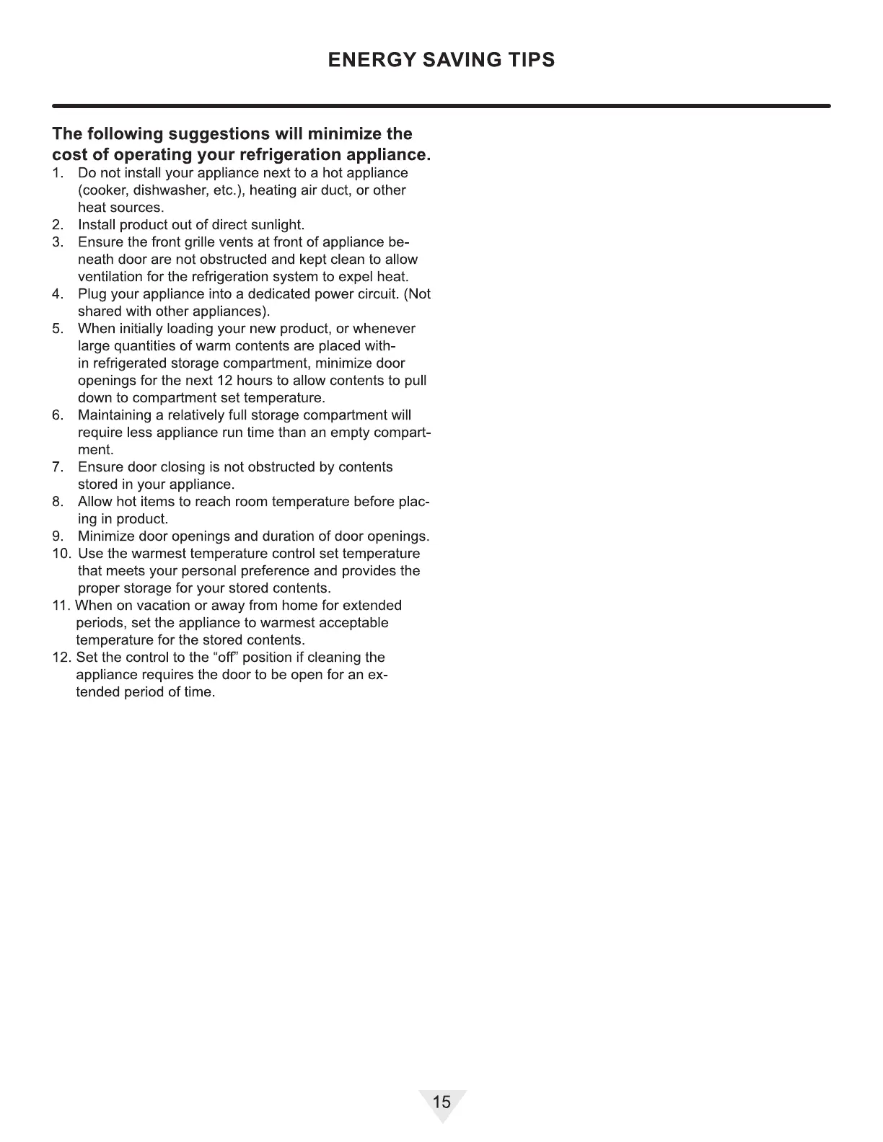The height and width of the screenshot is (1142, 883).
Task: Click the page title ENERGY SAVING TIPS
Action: (441, 60)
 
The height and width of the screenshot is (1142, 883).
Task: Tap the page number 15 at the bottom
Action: (441, 1102)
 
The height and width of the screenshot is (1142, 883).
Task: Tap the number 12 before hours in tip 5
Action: (225, 381)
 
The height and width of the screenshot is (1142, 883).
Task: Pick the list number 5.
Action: (57, 329)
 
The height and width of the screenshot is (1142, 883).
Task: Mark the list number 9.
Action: (57, 536)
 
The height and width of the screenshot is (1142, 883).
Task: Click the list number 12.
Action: (61, 658)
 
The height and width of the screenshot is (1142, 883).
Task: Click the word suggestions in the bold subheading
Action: (219, 134)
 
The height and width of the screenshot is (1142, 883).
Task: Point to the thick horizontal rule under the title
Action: (441, 106)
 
